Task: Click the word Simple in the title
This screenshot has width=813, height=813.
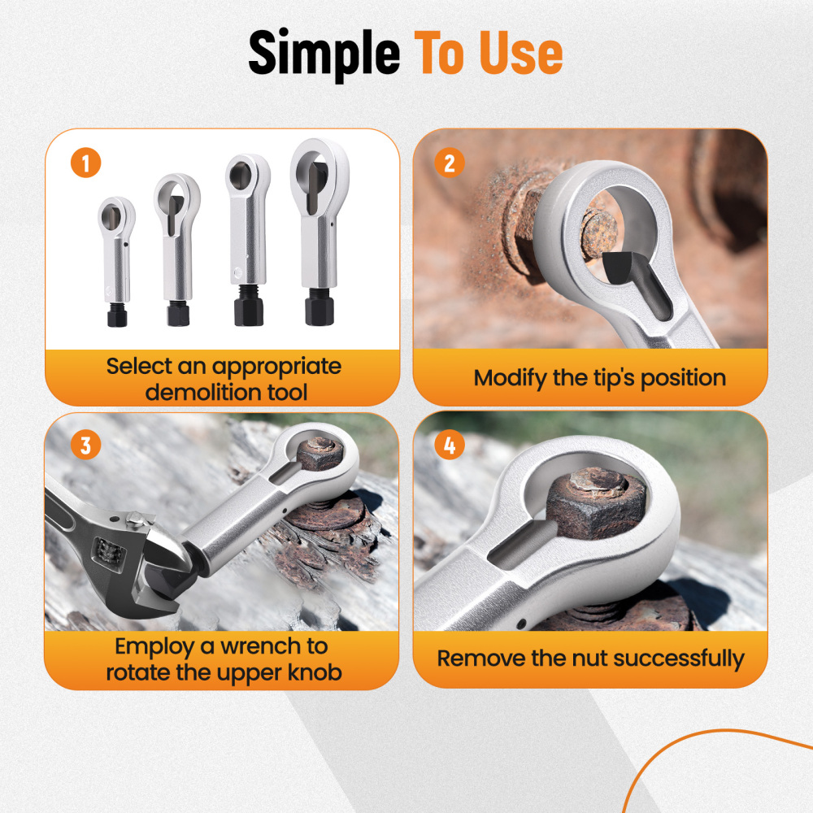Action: pos(324,54)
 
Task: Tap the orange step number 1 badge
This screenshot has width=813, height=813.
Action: pos(85,163)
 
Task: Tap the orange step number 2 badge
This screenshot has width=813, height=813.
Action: pos(449,163)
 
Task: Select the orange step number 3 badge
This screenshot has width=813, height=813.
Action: pos(85,446)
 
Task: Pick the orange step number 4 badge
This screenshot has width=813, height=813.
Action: pos(449,446)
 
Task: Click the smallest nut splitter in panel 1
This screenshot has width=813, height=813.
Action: pos(115,252)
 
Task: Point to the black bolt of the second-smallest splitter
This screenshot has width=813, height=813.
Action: pos(178,313)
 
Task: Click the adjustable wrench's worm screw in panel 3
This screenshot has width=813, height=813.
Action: pos(106,554)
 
